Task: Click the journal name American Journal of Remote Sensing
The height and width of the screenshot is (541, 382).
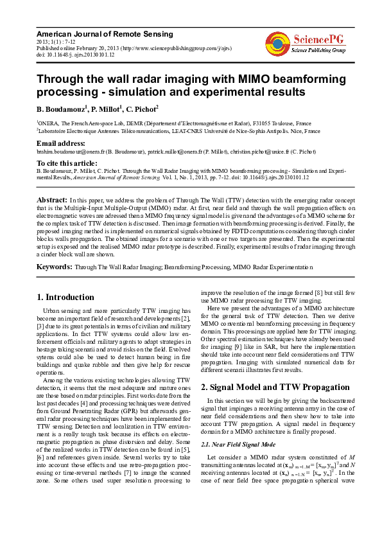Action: pyautogui.click(x=104, y=33)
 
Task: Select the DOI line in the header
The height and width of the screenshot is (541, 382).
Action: pyautogui.click(x=75, y=55)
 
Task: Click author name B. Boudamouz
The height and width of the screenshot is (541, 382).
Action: pyautogui.click(x=60, y=109)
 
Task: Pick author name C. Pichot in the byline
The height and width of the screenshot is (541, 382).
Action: pyautogui.click(x=141, y=109)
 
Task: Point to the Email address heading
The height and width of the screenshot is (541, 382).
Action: pyautogui.click(x=61, y=143)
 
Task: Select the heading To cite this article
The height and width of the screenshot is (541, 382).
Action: pyautogui.click(x=67, y=163)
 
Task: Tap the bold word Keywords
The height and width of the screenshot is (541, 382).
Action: pyautogui.click(x=54, y=266)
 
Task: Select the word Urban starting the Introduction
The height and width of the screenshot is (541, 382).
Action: pyautogui.click(x=53, y=311)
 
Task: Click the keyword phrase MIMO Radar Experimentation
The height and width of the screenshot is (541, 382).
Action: pyautogui.click(x=273, y=266)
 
